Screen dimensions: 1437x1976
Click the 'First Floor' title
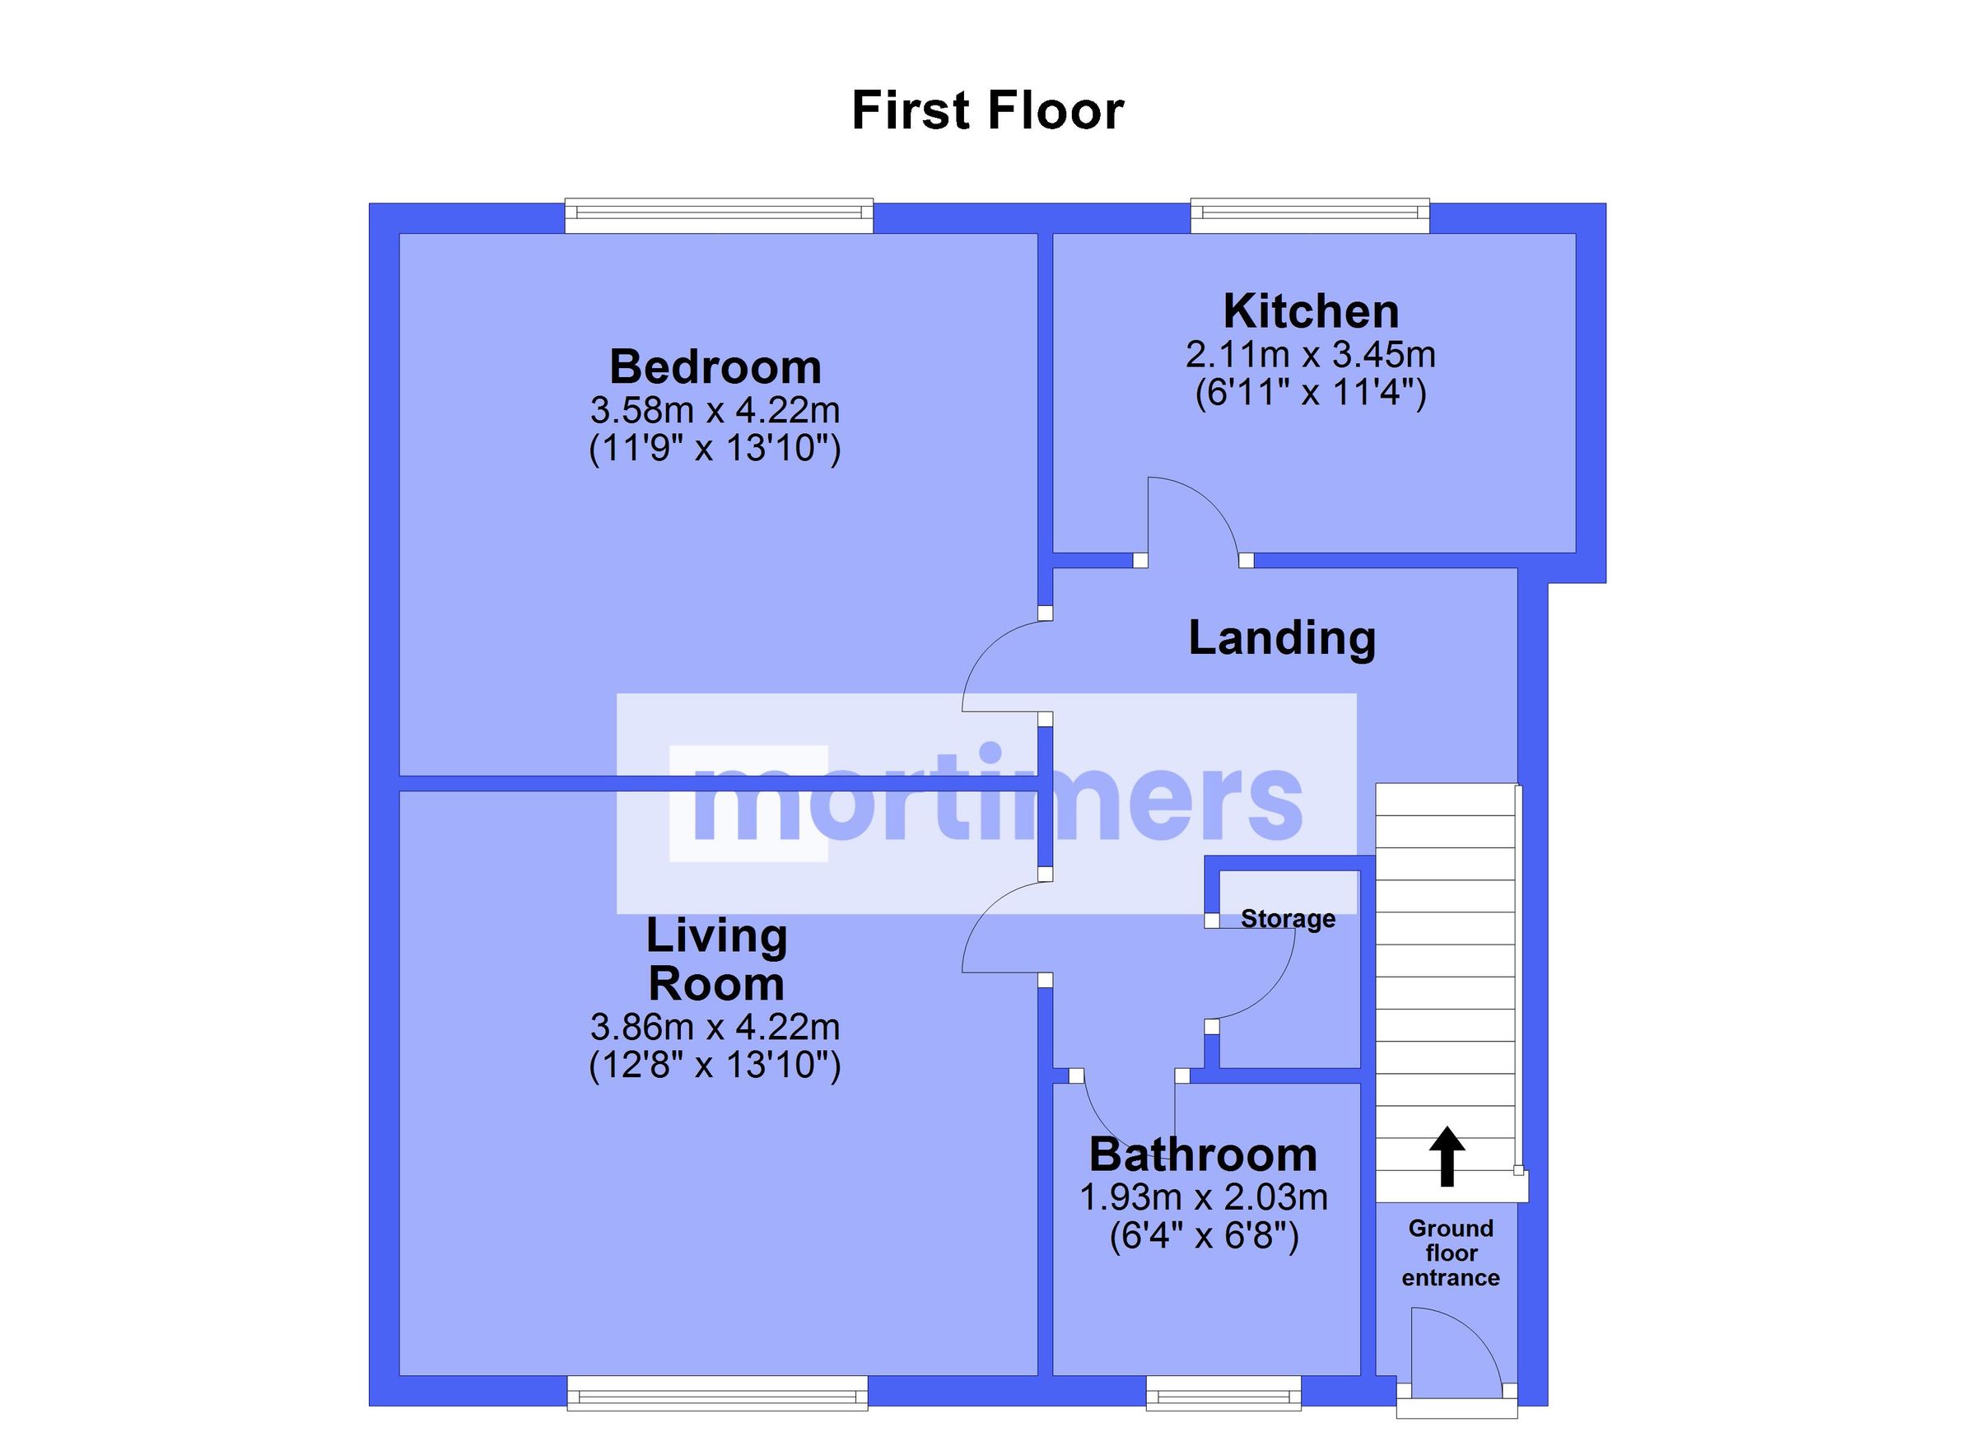coord(987,110)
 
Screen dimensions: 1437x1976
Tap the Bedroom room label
coord(715,367)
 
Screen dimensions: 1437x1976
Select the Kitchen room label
coord(1311,311)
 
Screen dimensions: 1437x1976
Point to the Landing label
coord(1282,638)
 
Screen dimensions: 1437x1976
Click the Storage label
coord(1288,918)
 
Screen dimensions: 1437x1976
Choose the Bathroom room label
coord(1203,1155)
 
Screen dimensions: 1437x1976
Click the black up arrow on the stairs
coord(1447,1156)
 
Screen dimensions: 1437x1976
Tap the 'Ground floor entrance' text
coord(1451,1253)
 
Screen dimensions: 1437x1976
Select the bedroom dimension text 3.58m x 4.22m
coord(715,409)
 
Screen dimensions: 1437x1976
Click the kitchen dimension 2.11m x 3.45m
coord(1311,355)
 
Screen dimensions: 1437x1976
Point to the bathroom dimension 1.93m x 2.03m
coord(1203,1197)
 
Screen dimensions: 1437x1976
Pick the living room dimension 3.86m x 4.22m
coord(715,1028)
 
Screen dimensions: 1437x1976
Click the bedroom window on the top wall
coord(718,216)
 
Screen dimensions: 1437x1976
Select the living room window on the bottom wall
coord(717,1393)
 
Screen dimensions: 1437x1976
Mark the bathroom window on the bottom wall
coord(1223,1393)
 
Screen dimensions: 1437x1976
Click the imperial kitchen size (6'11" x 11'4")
coord(1311,393)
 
